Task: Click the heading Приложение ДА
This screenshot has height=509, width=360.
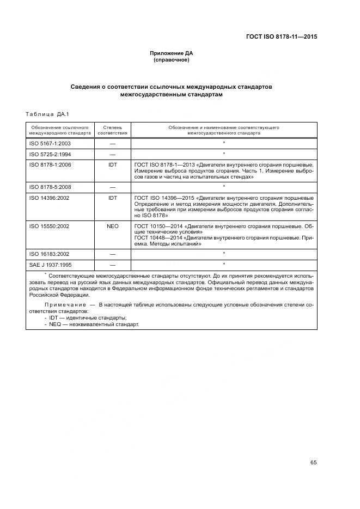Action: (x=172, y=53)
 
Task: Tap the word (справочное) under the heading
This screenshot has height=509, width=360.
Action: (x=172, y=60)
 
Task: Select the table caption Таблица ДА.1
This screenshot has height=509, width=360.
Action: (x=46, y=114)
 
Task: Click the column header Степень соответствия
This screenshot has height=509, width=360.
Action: (x=113, y=130)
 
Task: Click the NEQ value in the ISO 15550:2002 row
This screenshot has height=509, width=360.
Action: (x=113, y=225)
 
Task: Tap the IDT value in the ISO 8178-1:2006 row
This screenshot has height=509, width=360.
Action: (x=113, y=164)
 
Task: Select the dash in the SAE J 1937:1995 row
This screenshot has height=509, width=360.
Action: (x=113, y=265)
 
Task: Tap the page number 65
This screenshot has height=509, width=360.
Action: (x=313, y=462)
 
